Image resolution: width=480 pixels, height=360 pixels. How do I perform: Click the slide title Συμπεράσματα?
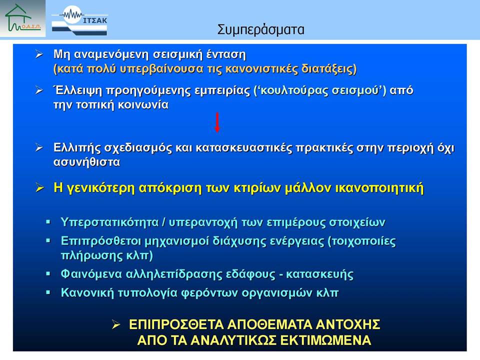pos(261,30)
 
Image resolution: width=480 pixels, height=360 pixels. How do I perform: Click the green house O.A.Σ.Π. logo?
pos(22,18)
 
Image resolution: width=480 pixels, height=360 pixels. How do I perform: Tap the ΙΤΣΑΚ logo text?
pos(95,20)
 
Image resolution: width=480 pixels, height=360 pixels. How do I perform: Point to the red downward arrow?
pos(217,122)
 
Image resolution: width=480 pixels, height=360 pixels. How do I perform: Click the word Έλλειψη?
pos(78,90)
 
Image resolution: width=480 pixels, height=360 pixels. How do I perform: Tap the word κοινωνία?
pos(143,105)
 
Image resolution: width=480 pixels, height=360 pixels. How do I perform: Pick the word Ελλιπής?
pos(77,148)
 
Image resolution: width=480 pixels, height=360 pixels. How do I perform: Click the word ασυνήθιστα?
pos(86,162)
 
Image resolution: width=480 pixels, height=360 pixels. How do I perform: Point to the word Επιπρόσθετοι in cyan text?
pos(100,241)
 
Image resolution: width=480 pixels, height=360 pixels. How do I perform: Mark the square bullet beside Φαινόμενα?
pos(48,273)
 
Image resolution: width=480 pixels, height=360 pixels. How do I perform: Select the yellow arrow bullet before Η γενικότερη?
pos(40,187)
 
